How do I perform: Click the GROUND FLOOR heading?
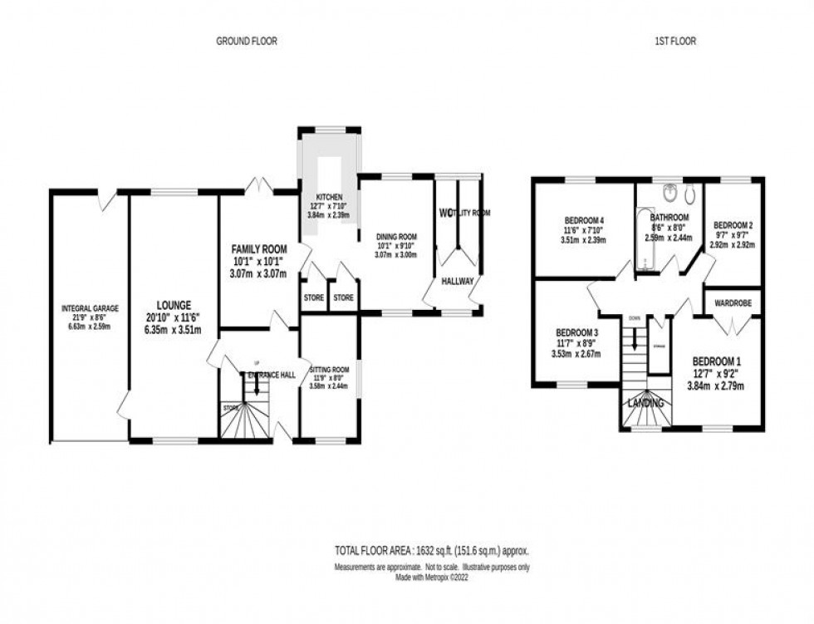pyautogui.click(x=247, y=41)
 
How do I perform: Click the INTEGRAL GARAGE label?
pyautogui.click(x=90, y=308)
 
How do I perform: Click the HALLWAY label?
pyautogui.click(x=457, y=282)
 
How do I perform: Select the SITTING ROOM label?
pyautogui.click(x=329, y=369)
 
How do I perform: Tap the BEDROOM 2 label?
pyautogui.click(x=733, y=225)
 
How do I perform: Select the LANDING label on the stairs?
pyautogui.click(x=645, y=403)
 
